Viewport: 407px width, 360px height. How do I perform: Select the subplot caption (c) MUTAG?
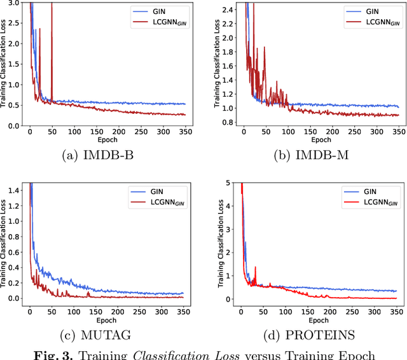104,336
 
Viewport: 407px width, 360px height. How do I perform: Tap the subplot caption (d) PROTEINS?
307,336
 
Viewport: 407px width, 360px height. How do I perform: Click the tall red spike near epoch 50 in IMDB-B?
52,38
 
